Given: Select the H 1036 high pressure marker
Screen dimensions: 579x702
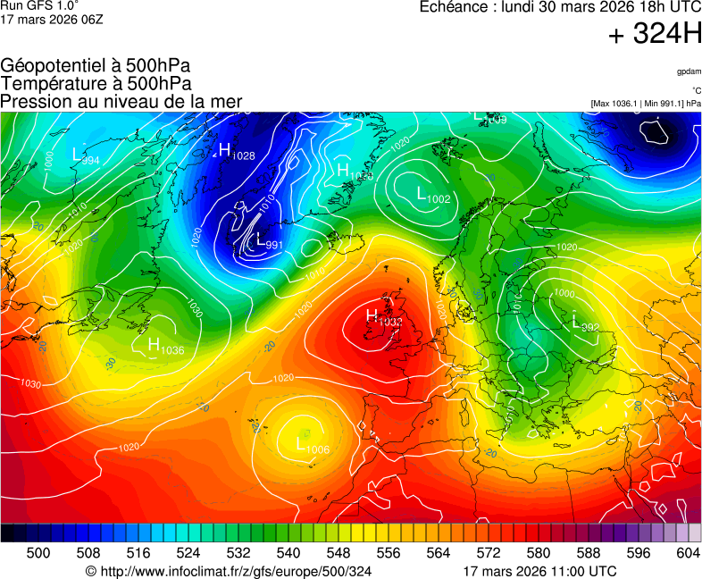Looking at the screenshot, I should click(165, 347).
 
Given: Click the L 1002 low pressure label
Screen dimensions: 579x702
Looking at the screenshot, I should click(434, 195).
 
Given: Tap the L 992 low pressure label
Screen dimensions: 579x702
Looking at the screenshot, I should click(585, 324).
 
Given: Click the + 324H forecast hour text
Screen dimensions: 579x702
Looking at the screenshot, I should click(655, 35).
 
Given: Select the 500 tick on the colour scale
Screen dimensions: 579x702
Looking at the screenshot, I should click(38, 553).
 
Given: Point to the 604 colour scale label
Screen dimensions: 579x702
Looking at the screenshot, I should click(688, 553).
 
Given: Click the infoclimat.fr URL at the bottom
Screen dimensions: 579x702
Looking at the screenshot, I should click(228, 571).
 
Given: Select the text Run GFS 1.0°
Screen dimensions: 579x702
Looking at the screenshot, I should click(37, 5).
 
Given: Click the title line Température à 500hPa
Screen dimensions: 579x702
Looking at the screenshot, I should click(96, 83).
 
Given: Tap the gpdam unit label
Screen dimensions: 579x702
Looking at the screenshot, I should click(688, 71).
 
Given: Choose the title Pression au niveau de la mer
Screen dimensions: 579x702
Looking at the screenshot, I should click(121, 101).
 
